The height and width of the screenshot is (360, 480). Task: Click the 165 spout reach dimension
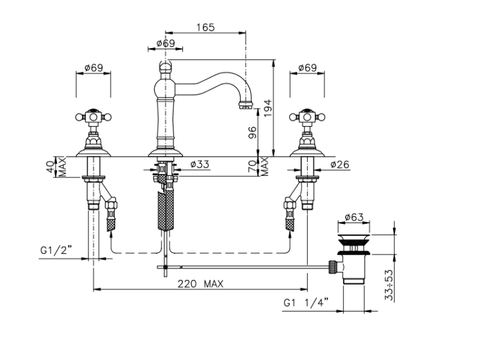pos(205,27)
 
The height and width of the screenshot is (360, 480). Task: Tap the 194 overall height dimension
pos(268,107)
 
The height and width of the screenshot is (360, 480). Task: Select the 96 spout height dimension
pos(253,132)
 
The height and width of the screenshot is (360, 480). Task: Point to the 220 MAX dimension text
pos(200,284)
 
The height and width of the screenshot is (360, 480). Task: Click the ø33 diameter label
pos(200,164)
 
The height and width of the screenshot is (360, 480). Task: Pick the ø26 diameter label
pos(340,164)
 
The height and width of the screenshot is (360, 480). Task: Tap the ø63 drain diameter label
pos(354,217)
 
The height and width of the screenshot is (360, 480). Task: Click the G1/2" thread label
pos(56,250)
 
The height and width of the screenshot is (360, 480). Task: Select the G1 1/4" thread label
pos(306,302)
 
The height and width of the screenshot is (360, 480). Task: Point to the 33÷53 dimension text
pos(388,285)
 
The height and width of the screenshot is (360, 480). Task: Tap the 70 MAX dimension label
pos(259,167)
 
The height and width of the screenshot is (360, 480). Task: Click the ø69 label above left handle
pos(93,67)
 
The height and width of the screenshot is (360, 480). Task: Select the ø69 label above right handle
pos(307,67)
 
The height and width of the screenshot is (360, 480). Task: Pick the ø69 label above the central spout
pos(166,43)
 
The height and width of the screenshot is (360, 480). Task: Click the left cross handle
pos(93,117)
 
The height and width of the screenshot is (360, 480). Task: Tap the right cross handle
pos(307,117)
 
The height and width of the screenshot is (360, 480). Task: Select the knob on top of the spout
pos(165,66)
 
